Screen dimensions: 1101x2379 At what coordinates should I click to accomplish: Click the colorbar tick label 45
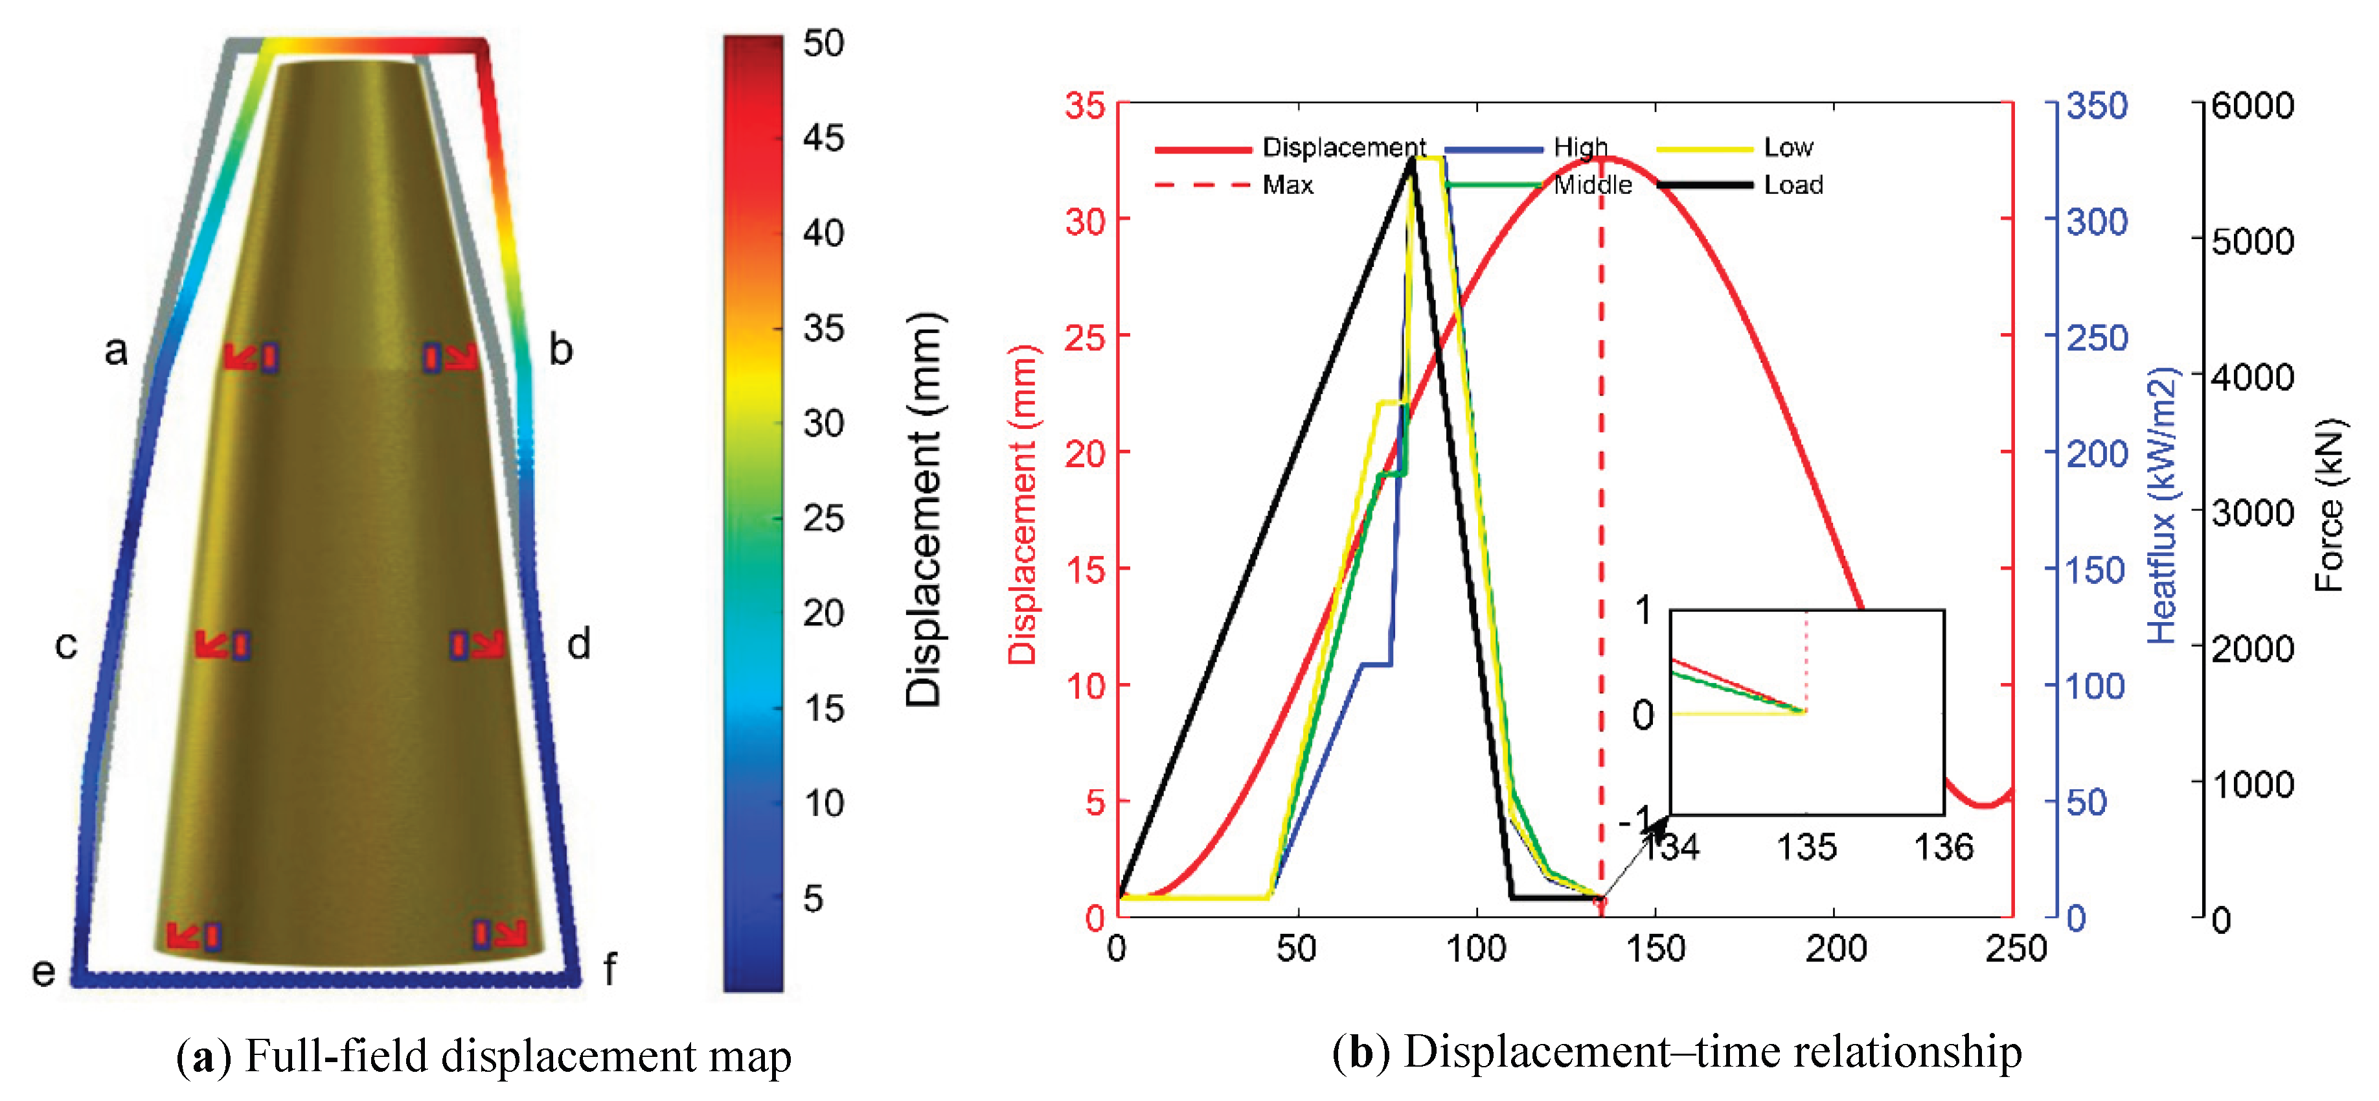click(x=823, y=139)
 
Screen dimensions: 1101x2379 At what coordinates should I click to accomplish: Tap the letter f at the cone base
click(x=609, y=970)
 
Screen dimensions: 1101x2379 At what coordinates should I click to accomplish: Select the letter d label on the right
click(x=578, y=643)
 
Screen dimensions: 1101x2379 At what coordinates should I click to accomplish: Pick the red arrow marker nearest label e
click(x=183, y=936)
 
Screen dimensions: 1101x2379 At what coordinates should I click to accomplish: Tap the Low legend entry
click(x=1787, y=148)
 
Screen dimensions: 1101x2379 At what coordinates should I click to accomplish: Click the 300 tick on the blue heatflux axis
click(x=2097, y=222)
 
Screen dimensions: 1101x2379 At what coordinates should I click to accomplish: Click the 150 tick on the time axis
click(x=1655, y=949)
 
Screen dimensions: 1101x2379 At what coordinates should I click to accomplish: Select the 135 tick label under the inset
click(x=1806, y=847)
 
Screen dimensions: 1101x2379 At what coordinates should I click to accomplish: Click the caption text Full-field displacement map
click(x=517, y=1056)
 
